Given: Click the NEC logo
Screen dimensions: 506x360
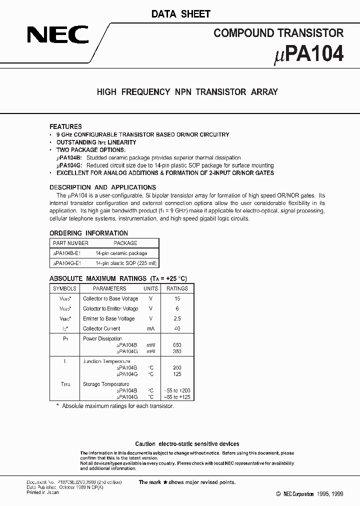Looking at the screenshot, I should (58, 35).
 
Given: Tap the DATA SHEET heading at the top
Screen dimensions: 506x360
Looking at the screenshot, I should (181, 14).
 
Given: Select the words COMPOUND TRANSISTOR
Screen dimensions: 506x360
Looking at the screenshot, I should (278, 33).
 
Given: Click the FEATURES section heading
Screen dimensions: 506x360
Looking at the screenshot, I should (65, 126).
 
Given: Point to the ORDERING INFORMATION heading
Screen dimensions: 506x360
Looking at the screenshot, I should (88, 233).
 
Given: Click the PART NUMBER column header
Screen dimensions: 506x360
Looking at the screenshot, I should (70, 243).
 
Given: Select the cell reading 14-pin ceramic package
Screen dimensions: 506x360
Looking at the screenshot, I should (121, 253).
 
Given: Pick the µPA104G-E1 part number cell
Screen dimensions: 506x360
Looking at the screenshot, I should (66, 262).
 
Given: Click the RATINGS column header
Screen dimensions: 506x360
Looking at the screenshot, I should (177, 288).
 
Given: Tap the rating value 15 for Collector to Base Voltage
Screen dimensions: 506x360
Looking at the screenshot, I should (177, 298).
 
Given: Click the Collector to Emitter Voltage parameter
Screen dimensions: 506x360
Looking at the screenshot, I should (110, 308).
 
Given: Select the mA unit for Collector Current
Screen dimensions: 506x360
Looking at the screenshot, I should (150, 328).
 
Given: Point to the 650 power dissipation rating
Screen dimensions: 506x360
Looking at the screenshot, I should (177, 345).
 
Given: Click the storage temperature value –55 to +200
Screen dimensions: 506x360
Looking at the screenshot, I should (177, 390).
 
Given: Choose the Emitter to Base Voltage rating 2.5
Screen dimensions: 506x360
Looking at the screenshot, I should (177, 318).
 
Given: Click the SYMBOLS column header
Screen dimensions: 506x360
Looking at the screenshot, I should (64, 288).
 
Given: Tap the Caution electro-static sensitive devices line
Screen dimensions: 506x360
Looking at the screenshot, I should (187, 444).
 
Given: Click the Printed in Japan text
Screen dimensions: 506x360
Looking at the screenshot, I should (42, 492).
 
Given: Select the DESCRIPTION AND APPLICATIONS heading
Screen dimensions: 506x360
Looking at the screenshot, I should (102, 187).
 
